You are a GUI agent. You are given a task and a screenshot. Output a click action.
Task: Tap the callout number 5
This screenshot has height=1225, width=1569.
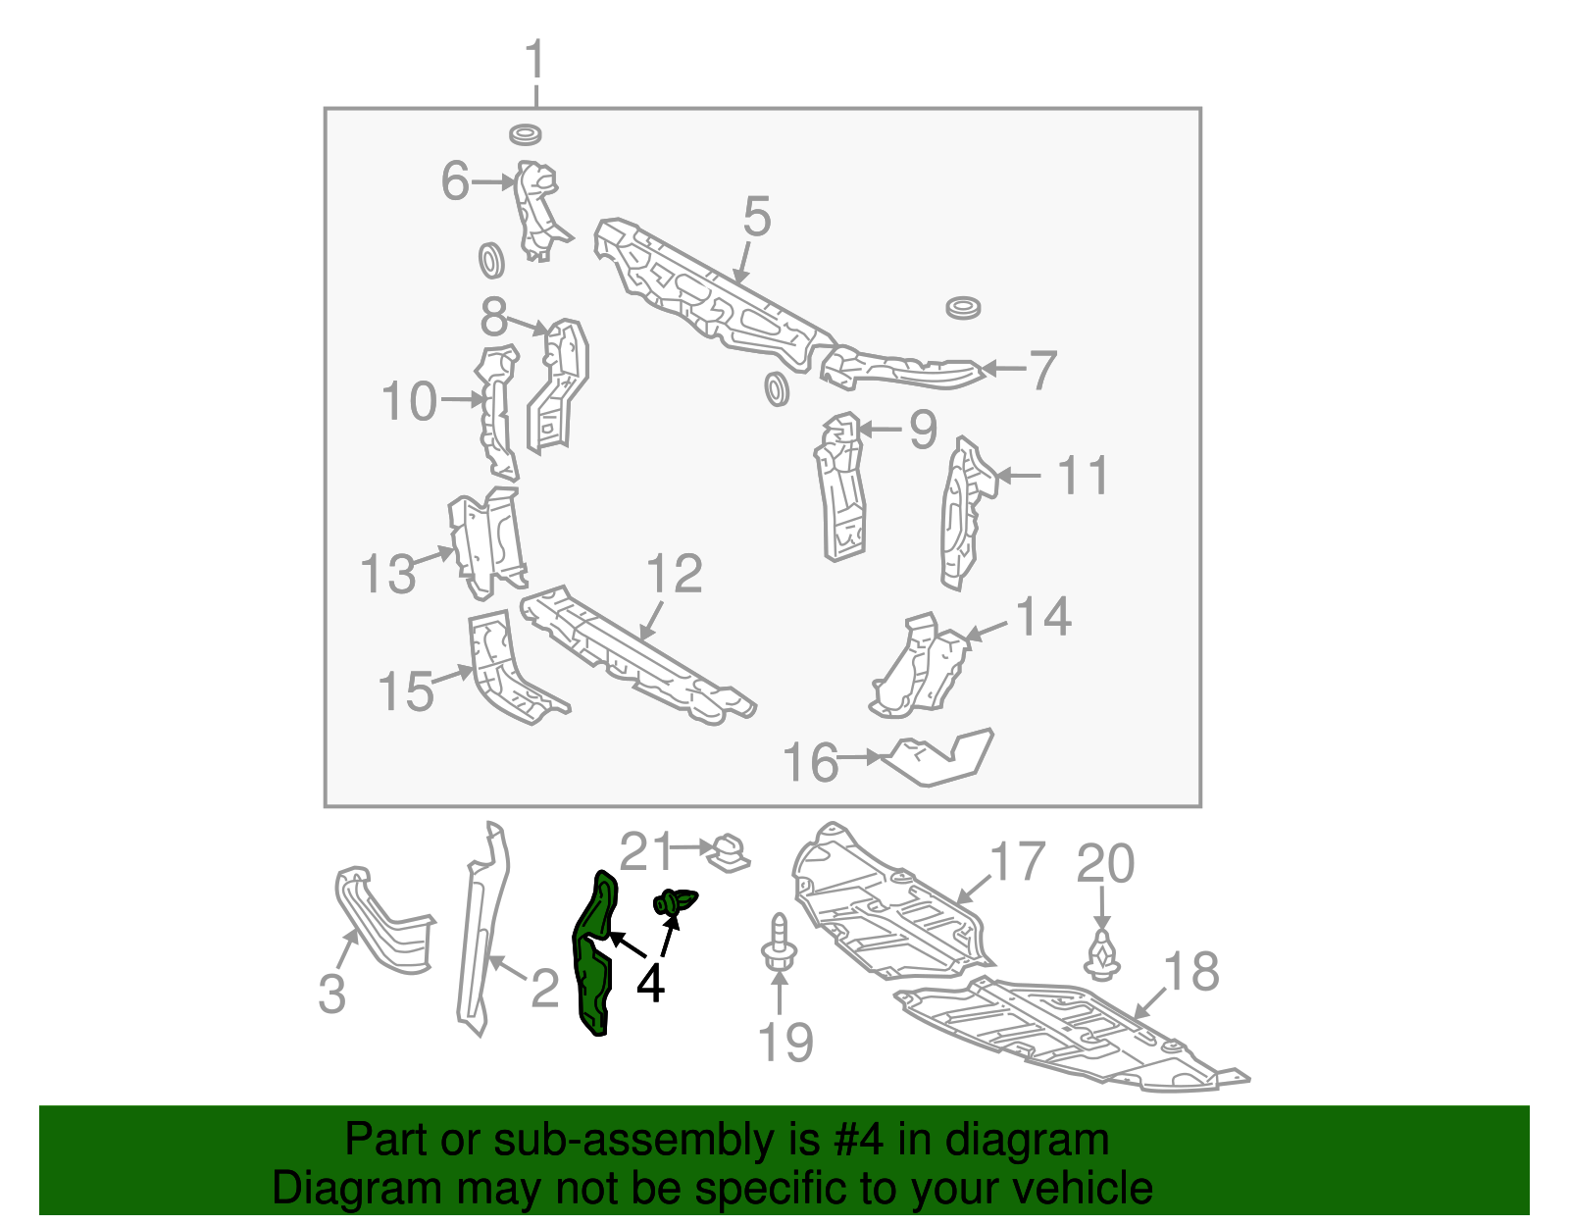click(757, 217)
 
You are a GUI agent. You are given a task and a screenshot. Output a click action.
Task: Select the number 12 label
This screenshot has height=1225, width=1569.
click(675, 575)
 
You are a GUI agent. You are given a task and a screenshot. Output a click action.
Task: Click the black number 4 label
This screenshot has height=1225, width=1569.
click(650, 984)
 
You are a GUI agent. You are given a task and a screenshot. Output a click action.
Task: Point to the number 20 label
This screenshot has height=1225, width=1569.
click(1105, 864)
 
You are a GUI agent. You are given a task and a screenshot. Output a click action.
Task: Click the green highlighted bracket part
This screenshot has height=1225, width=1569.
click(593, 956)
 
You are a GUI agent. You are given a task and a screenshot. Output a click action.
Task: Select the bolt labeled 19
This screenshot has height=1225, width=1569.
click(779, 945)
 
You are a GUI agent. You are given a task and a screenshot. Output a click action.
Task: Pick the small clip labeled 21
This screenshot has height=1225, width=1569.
click(729, 851)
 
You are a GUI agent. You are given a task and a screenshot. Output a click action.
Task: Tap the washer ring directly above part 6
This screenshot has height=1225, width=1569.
click(527, 134)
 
